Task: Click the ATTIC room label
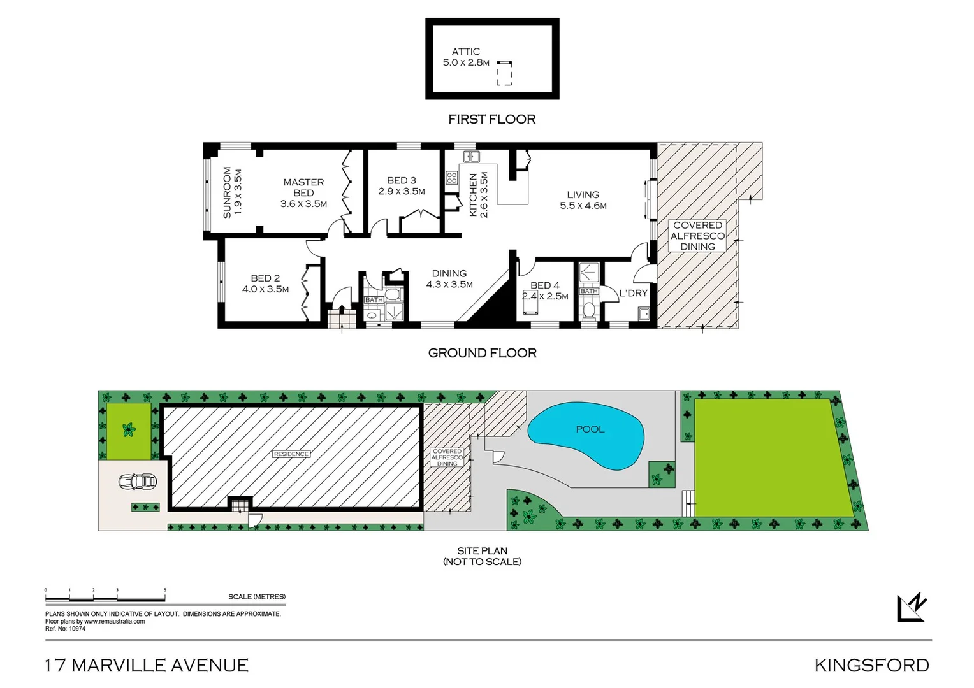[465, 52]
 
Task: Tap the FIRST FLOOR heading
[491, 119]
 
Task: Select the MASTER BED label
[303, 187]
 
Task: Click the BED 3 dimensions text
[402, 191]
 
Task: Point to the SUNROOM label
[227, 192]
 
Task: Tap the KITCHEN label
[473, 195]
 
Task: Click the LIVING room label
[583, 195]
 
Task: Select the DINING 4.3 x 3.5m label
[449, 279]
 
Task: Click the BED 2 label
[265, 278]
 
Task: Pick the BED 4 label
[544, 285]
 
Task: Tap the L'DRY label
[633, 293]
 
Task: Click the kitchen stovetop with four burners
[451, 178]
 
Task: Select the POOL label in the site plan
[590, 429]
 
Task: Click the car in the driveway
[137, 482]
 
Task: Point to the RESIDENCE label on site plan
[291, 454]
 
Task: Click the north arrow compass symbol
[912, 607]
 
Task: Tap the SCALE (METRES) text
[257, 597]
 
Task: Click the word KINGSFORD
[871, 665]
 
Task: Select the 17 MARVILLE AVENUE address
[147, 665]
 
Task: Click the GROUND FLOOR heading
[482, 353]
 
